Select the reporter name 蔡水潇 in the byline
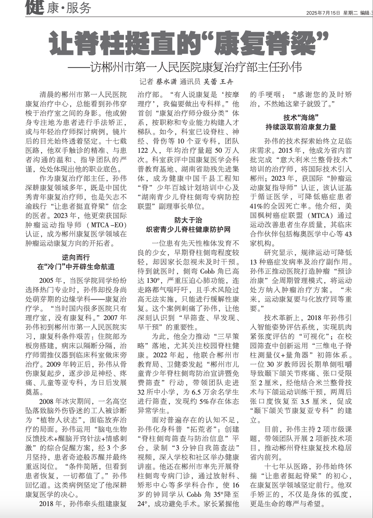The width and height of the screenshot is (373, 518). coord(166,82)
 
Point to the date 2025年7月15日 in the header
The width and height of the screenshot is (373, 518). coord(323,13)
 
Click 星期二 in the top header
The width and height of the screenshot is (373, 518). coord(350,13)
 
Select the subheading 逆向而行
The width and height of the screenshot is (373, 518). coord(76,257)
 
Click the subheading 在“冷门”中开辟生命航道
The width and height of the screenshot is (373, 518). coord(76,267)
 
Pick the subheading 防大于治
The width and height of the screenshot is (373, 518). coord(188,220)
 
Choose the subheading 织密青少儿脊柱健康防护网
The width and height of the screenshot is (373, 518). coord(188,229)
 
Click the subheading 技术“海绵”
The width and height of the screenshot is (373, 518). coord(301,117)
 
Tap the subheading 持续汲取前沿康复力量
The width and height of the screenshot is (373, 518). coord(301,127)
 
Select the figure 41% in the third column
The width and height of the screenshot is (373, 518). coord(257,206)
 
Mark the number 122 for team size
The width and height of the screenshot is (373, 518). coord(143,150)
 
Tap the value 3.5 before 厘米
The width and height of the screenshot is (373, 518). coord(305,401)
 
